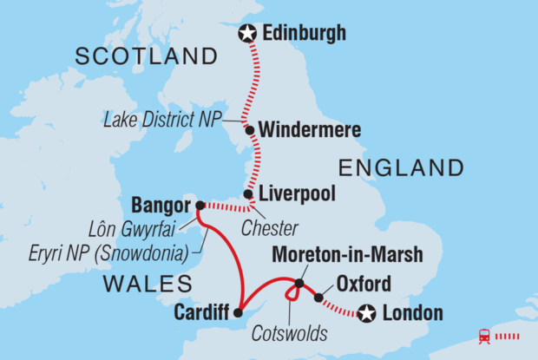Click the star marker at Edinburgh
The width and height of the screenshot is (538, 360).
pyautogui.click(x=248, y=34)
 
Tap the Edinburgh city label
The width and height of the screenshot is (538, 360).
pyautogui.click(x=304, y=34)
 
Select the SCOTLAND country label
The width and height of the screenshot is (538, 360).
pyautogui.click(x=146, y=57)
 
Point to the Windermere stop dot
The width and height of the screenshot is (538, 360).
pyautogui.click(x=250, y=131)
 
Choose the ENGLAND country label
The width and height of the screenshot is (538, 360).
pyautogui.click(x=401, y=167)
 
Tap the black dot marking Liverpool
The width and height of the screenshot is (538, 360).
pyautogui.click(x=248, y=194)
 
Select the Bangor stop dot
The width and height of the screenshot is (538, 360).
pyautogui.click(x=200, y=206)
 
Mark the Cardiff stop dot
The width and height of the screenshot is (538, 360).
pyautogui.click(x=239, y=311)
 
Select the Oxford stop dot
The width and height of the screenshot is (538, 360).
pyautogui.click(x=318, y=298)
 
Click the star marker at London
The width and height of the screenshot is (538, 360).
pyautogui.click(x=367, y=314)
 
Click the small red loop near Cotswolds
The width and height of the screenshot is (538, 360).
pyautogui.click(x=294, y=293)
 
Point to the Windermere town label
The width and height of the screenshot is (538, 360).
pyautogui.click(x=306, y=131)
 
